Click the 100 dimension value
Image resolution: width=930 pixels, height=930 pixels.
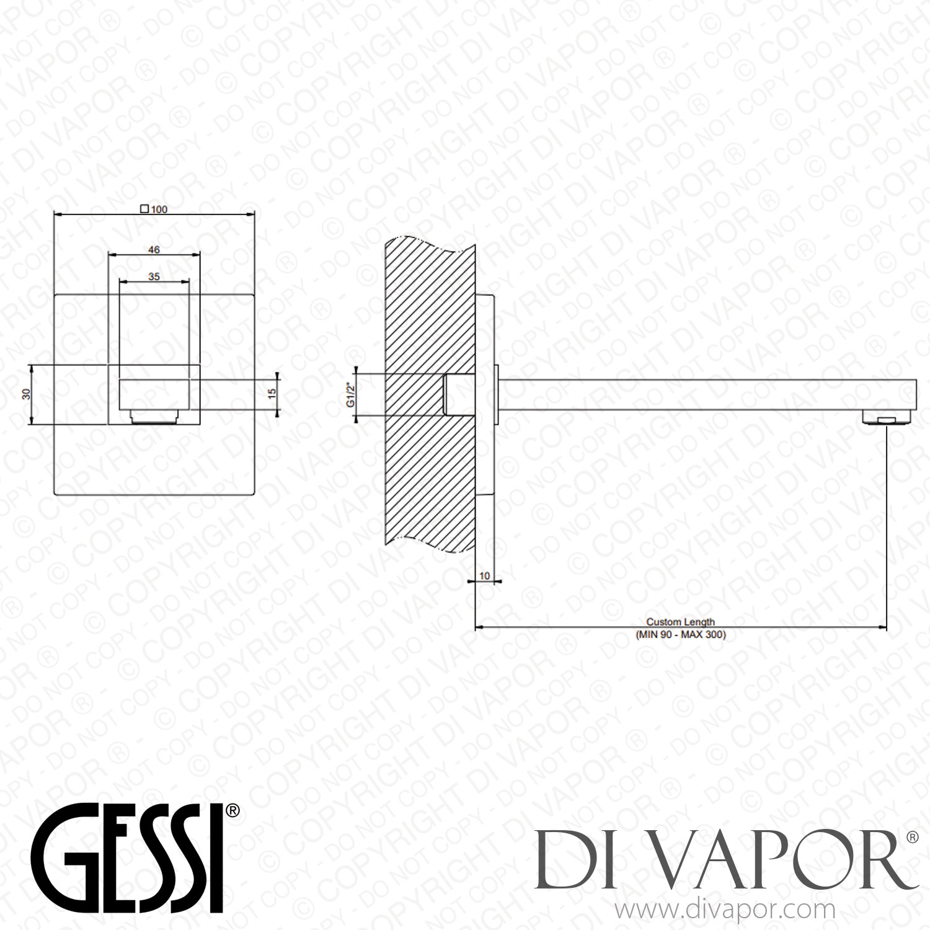point(159,210)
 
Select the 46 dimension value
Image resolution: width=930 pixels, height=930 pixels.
point(154,249)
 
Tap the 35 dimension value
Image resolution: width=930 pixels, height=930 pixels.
point(154,277)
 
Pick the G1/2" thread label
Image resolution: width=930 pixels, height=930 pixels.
point(350,395)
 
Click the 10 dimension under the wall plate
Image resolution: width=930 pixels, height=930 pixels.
point(485,576)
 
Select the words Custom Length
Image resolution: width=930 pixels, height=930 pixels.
point(681,622)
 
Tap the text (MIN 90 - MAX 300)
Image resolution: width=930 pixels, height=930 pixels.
point(681,634)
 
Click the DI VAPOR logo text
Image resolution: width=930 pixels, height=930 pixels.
point(719,859)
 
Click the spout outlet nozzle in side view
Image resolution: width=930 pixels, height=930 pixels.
point(887,418)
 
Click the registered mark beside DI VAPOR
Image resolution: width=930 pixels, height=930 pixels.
point(912,838)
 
